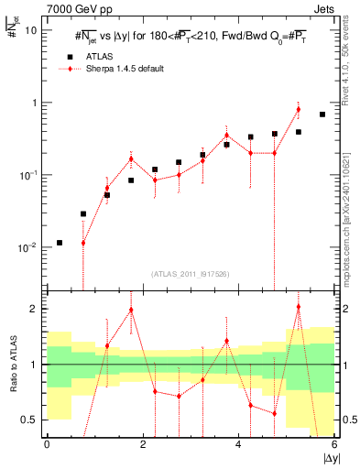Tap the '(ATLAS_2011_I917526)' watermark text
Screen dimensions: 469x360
click(190, 273)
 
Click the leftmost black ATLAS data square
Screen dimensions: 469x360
click(60, 243)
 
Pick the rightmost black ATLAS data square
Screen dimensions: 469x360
click(322, 115)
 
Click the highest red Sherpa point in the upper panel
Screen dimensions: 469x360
click(299, 110)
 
